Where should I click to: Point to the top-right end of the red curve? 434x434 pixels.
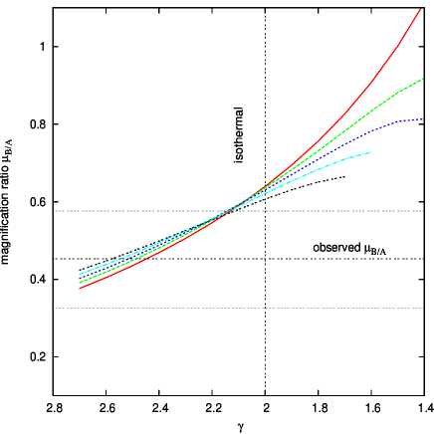coord(421,9)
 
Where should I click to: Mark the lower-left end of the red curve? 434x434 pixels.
coord(80,289)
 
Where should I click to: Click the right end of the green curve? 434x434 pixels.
coord(423,79)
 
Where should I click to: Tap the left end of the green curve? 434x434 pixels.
coord(80,284)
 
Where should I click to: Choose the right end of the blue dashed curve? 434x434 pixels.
coord(423,120)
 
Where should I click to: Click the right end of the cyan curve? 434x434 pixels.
coord(372,152)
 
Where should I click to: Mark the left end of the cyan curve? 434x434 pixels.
coord(80,274)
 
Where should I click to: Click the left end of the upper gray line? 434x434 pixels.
coord(55,211)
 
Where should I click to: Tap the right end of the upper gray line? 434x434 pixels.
coord(423,211)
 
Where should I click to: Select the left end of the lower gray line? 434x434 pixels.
coord(55,309)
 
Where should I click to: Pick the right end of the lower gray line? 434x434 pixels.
coord(423,309)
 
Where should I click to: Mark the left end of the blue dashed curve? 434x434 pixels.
coord(80,278)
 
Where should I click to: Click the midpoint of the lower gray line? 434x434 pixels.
coord(239,309)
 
